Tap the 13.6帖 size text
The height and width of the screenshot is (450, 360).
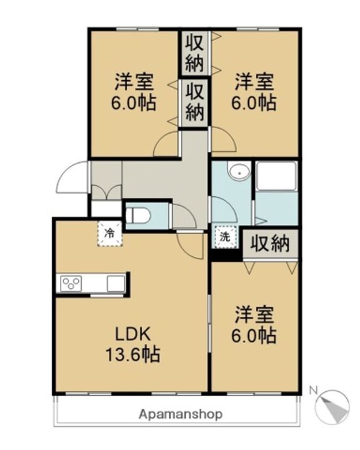pos(131,355)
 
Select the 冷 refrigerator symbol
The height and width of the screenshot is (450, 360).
pos(110,234)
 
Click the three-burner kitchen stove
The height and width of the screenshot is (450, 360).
pos(71,283)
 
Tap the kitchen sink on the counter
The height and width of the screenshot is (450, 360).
pos(116,283)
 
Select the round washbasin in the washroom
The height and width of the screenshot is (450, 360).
pos(238,172)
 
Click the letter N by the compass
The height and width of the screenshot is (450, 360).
pos(314,391)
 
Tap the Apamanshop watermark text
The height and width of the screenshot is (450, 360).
pos(180,414)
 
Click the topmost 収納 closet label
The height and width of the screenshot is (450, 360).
pos(194,53)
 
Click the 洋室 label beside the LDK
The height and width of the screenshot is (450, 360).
pos(254,313)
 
